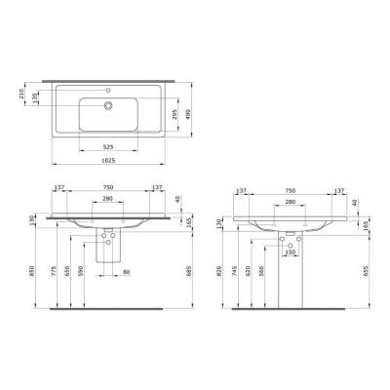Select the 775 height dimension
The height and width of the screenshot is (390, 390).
(53, 276)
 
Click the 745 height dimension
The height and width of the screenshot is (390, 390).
(239, 276)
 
